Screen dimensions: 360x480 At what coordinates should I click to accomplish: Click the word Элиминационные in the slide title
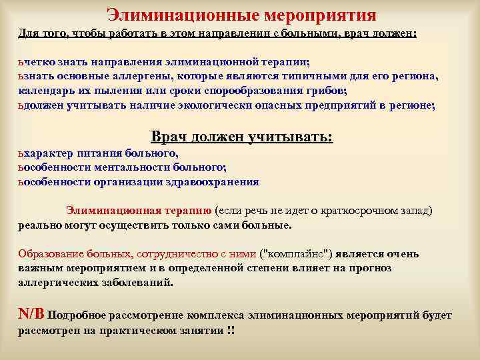tap(175, 14)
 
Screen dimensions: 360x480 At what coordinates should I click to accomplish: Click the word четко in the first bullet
tap(39, 63)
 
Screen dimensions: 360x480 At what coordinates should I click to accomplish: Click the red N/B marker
tap(31, 314)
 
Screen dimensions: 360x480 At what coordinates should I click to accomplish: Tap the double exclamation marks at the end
tap(231, 331)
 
